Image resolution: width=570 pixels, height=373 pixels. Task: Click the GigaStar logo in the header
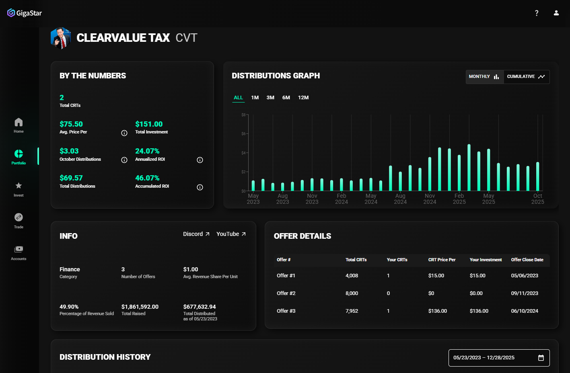(25, 13)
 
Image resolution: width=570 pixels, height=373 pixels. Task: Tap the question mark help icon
(537, 13)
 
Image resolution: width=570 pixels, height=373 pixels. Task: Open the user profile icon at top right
(556, 13)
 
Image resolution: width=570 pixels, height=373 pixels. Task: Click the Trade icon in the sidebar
(19, 217)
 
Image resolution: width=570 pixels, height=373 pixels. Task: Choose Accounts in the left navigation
(19, 253)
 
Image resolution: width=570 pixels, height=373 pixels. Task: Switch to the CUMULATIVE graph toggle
(526, 77)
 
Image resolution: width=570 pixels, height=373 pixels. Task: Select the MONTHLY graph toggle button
(484, 77)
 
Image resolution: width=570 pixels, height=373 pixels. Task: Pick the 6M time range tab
(286, 98)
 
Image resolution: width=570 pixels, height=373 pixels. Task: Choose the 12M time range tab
(303, 98)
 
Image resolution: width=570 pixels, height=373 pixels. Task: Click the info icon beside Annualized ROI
(200, 160)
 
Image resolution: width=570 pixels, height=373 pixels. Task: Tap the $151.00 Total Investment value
(149, 124)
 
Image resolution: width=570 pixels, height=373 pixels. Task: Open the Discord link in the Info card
(196, 234)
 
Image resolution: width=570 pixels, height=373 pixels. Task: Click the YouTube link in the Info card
(231, 234)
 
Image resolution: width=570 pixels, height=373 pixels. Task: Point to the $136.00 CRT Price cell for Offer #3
(438, 311)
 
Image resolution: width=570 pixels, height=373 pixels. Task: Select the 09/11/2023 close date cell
(525, 293)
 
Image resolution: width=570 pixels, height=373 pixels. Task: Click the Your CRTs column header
(397, 260)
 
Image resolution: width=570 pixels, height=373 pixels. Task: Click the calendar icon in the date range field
(541, 358)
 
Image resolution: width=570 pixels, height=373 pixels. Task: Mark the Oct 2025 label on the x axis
(537, 199)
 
